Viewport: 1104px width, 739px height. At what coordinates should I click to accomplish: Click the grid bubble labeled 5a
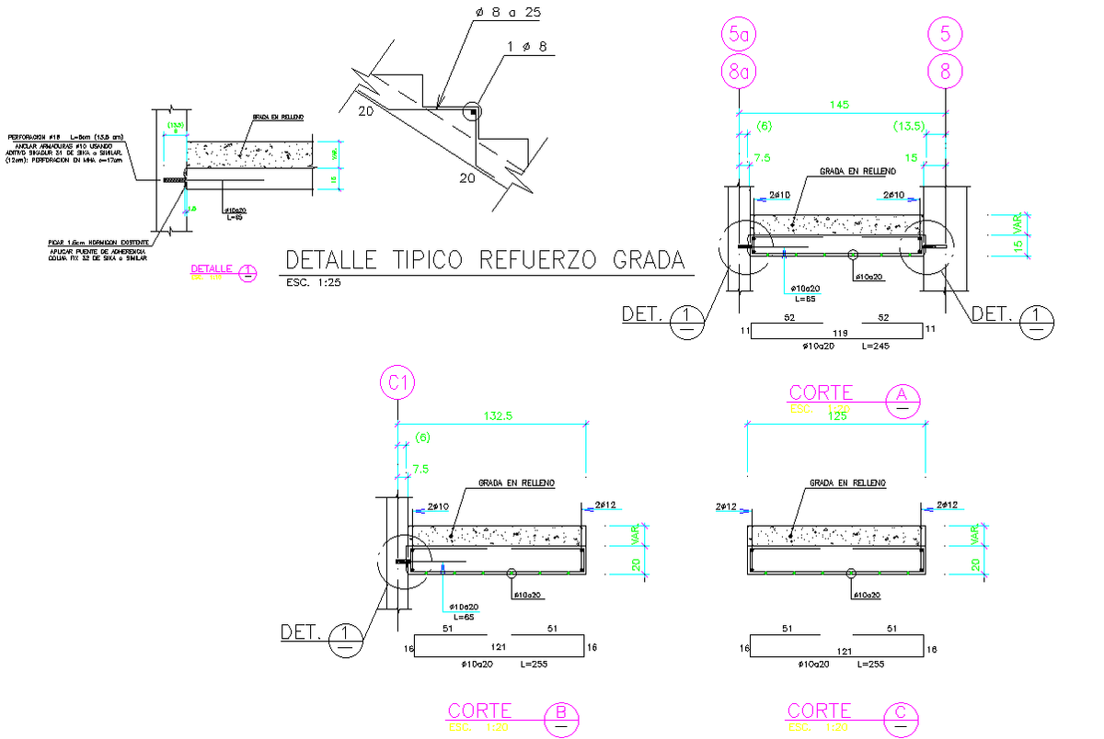(739, 36)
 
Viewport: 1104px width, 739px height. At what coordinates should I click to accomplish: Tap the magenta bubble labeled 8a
(739, 72)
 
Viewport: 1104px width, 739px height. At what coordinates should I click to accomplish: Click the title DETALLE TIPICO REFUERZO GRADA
(485, 260)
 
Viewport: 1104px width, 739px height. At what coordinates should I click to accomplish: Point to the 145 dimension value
(839, 106)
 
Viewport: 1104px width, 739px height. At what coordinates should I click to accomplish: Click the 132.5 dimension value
(498, 416)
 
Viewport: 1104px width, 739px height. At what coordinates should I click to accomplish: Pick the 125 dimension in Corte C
(835, 417)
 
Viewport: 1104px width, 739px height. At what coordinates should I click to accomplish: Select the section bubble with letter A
(902, 397)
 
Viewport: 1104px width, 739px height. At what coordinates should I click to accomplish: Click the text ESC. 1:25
(314, 283)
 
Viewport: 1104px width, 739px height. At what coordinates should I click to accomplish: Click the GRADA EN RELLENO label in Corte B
(516, 482)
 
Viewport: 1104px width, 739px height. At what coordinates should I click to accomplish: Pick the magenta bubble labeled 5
(945, 36)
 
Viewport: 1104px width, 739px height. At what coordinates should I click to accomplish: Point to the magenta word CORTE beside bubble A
(820, 393)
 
